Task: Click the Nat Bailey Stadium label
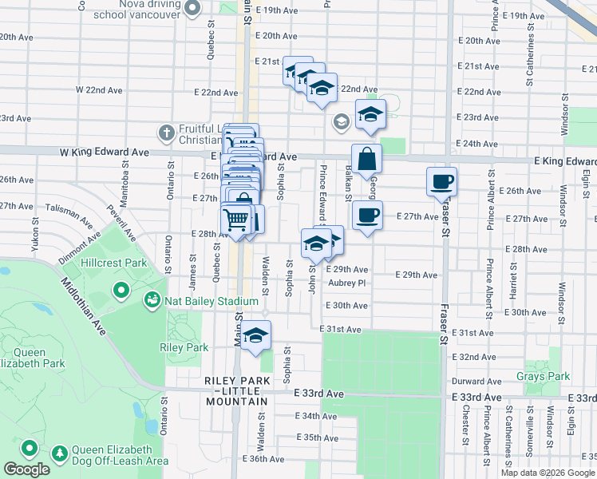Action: [x=212, y=301]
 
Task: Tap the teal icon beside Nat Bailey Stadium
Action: [x=150, y=300]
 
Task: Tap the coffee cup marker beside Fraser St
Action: [x=441, y=181]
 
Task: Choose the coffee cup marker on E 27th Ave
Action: [x=367, y=215]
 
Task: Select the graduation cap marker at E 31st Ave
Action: [x=256, y=335]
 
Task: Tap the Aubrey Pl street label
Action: [x=346, y=283]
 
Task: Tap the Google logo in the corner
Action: [x=27, y=469]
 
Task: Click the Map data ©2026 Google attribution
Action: [x=548, y=473]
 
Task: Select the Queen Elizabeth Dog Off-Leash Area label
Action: [x=121, y=455]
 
